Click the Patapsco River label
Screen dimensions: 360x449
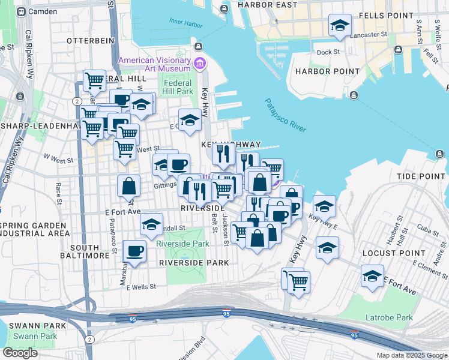tap(285, 116)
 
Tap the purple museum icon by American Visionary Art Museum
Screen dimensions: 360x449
tap(199, 61)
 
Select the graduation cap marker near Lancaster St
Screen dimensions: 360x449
tap(340, 26)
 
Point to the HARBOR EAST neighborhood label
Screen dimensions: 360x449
tap(267, 5)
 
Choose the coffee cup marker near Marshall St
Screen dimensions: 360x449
tap(134, 251)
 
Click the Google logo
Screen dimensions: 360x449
tap(20, 353)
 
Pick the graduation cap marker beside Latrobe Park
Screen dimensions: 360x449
tap(372, 277)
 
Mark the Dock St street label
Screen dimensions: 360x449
tap(328, 52)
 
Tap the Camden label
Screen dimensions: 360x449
tap(42, 11)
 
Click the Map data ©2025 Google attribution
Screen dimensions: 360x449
tap(411, 355)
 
